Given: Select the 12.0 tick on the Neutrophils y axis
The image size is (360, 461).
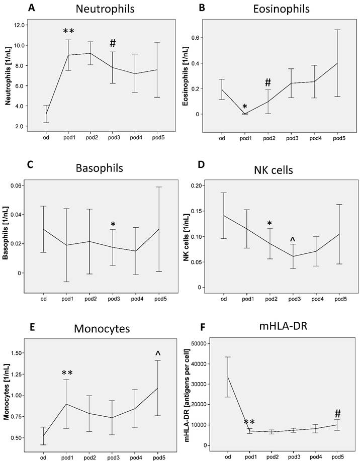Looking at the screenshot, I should click(x=34, y=25).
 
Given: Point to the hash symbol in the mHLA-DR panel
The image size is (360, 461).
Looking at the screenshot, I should click(x=337, y=413).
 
